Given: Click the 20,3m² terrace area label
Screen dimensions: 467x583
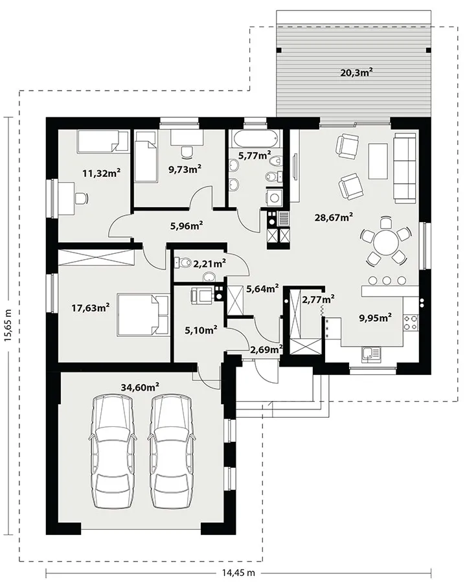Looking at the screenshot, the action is point(357,72).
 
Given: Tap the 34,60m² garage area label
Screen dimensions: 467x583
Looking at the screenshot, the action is point(140,387).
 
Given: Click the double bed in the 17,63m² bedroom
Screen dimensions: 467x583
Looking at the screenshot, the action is point(143,315).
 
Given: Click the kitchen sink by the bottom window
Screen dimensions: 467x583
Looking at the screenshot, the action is point(370,354).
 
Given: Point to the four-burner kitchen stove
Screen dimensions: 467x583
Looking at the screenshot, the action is point(411,323).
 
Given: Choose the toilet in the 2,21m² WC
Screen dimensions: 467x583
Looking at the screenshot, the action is point(181,262).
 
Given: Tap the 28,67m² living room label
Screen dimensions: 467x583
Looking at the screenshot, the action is point(334,217).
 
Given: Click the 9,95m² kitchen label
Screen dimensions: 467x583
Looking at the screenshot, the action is point(375,317).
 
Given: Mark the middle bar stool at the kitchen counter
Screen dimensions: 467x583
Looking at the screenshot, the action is point(387,280).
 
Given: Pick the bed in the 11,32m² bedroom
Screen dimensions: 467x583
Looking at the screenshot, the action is point(102,141).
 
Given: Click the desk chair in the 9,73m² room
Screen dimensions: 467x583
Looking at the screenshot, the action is point(187,151).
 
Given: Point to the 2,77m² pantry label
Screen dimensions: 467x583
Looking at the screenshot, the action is point(318,299).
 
